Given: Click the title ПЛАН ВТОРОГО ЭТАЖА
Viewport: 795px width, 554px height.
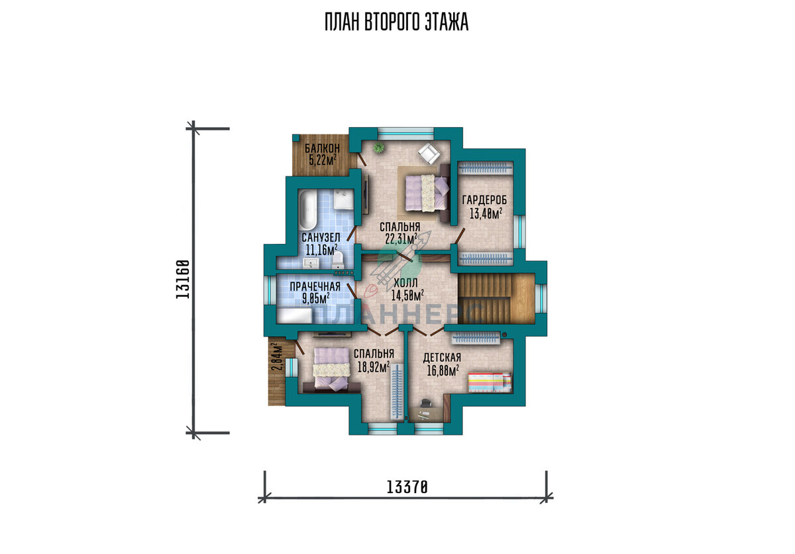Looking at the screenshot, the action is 396,22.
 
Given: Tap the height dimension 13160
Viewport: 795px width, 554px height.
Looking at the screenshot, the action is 183,280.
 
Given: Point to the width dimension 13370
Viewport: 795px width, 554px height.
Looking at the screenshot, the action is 407,487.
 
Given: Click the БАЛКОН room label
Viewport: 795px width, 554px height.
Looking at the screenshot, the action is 322,148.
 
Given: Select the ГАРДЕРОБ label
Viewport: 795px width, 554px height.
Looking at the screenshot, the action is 485,200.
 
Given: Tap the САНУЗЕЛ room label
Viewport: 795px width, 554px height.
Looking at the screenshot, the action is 321,237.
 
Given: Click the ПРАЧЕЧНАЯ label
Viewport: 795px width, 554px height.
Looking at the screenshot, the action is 315,286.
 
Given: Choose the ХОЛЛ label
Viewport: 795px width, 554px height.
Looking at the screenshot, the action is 405,283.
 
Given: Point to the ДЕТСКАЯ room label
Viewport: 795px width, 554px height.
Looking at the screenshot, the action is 442,358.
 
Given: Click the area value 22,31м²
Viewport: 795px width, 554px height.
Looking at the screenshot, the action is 401,239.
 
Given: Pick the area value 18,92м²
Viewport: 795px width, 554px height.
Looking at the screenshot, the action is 374,367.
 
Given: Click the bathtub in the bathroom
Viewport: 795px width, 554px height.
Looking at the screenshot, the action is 307,211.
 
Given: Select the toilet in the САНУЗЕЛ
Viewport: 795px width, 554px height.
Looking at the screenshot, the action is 338,260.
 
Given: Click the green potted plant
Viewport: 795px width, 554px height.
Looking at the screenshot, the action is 379,146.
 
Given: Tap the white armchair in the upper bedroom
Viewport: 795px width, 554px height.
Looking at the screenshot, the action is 429,153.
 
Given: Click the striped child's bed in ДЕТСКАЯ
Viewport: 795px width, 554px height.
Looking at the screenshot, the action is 490,382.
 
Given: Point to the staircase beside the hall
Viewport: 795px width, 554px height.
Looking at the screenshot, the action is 496,298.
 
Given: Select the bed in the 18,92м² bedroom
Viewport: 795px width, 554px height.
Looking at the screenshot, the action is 331,369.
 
